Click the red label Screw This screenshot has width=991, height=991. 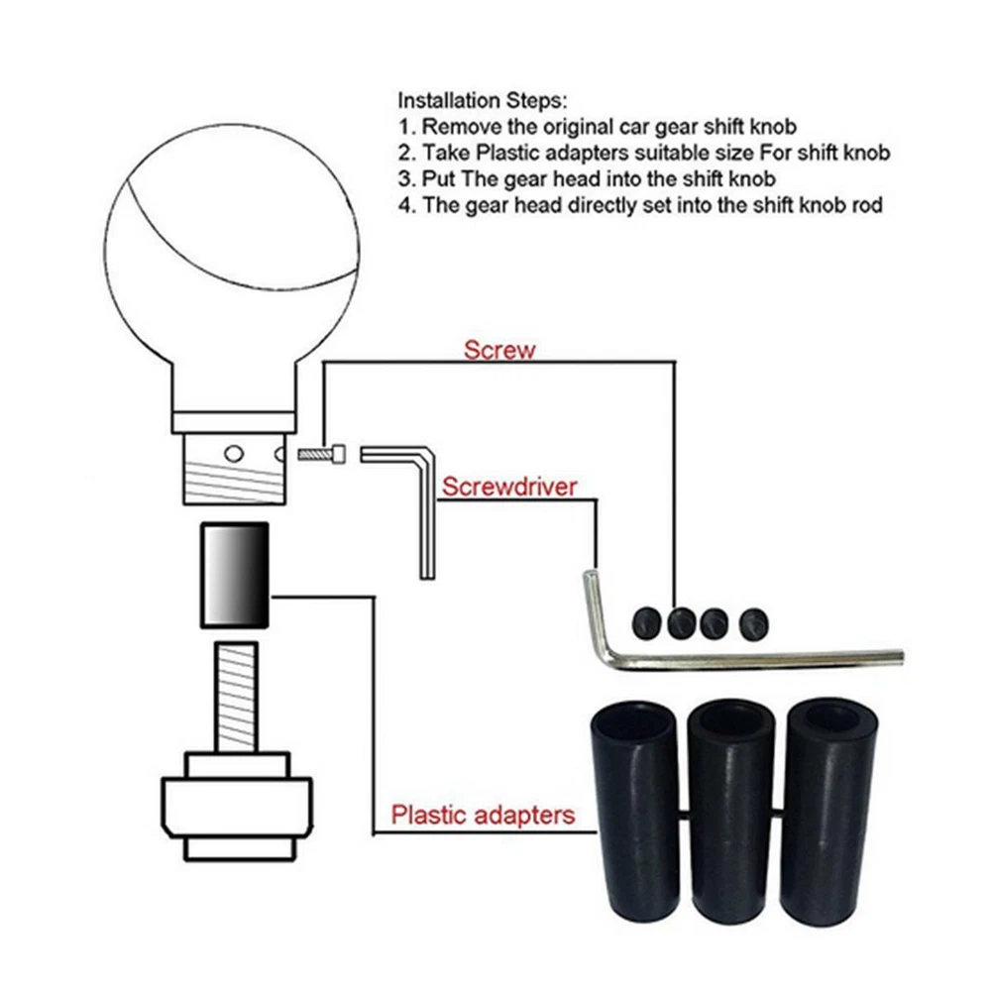click(499, 350)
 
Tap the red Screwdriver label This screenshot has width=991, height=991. click(509, 487)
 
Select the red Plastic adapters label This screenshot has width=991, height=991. click(483, 815)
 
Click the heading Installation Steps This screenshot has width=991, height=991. click(483, 100)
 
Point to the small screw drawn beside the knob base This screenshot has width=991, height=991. click(322, 454)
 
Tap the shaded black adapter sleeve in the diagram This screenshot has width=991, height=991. click(235, 575)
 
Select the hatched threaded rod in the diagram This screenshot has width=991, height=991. click(236, 697)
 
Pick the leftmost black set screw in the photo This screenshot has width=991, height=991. click(646, 623)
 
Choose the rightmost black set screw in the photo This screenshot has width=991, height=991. click(753, 624)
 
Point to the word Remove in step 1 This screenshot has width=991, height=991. click(462, 127)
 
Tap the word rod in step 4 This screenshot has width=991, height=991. click(866, 205)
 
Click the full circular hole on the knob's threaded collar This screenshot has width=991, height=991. click(234, 454)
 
